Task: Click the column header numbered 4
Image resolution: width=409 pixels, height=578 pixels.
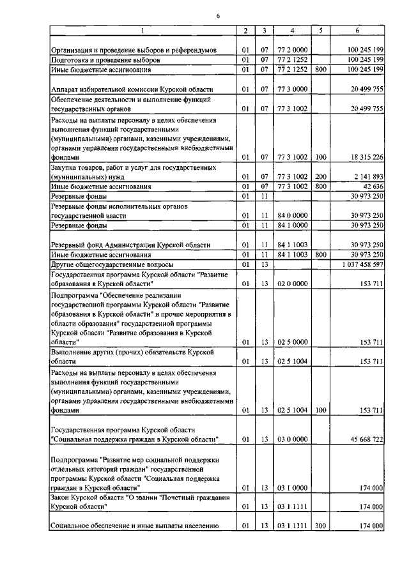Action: click(x=291, y=31)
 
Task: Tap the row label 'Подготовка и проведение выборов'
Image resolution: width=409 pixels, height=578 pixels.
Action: click(x=105, y=59)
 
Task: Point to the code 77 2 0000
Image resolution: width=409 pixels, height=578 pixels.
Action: click(x=291, y=49)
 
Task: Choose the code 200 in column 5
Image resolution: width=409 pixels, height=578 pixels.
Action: click(x=321, y=176)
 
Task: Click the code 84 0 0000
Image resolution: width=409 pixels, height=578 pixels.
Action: click(x=291, y=216)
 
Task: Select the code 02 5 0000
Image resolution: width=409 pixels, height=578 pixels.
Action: click(x=291, y=342)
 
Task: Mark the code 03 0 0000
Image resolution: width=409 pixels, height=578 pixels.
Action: click(x=291, y=439)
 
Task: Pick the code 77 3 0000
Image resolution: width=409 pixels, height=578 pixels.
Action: click(x=291, y=89)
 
